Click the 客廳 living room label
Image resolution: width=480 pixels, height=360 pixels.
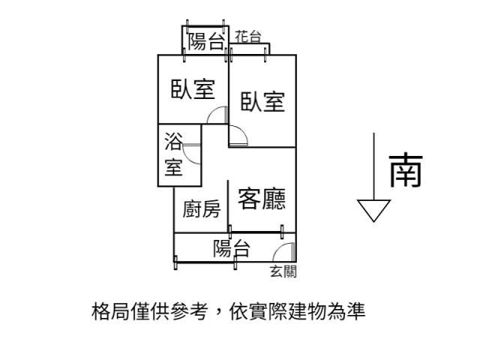click(262, 199)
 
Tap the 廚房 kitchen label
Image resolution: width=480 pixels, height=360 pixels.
click(202, 209)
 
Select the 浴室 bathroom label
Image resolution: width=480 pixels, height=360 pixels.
click(174, 154)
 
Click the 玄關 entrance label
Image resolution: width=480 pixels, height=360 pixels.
click(283, 271)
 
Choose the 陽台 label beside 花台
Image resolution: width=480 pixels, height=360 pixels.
click(205, 40)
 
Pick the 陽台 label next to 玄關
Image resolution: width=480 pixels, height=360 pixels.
click(231, 248)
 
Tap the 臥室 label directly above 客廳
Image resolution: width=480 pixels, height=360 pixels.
click(262, 100)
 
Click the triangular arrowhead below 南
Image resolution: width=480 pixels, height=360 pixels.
click(373, 209)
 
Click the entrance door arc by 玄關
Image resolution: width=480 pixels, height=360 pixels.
click(285, 252)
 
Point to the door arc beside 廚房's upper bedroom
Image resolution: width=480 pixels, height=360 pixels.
click(217, 115)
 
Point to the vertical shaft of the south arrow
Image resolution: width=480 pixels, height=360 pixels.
click(373, 165)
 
